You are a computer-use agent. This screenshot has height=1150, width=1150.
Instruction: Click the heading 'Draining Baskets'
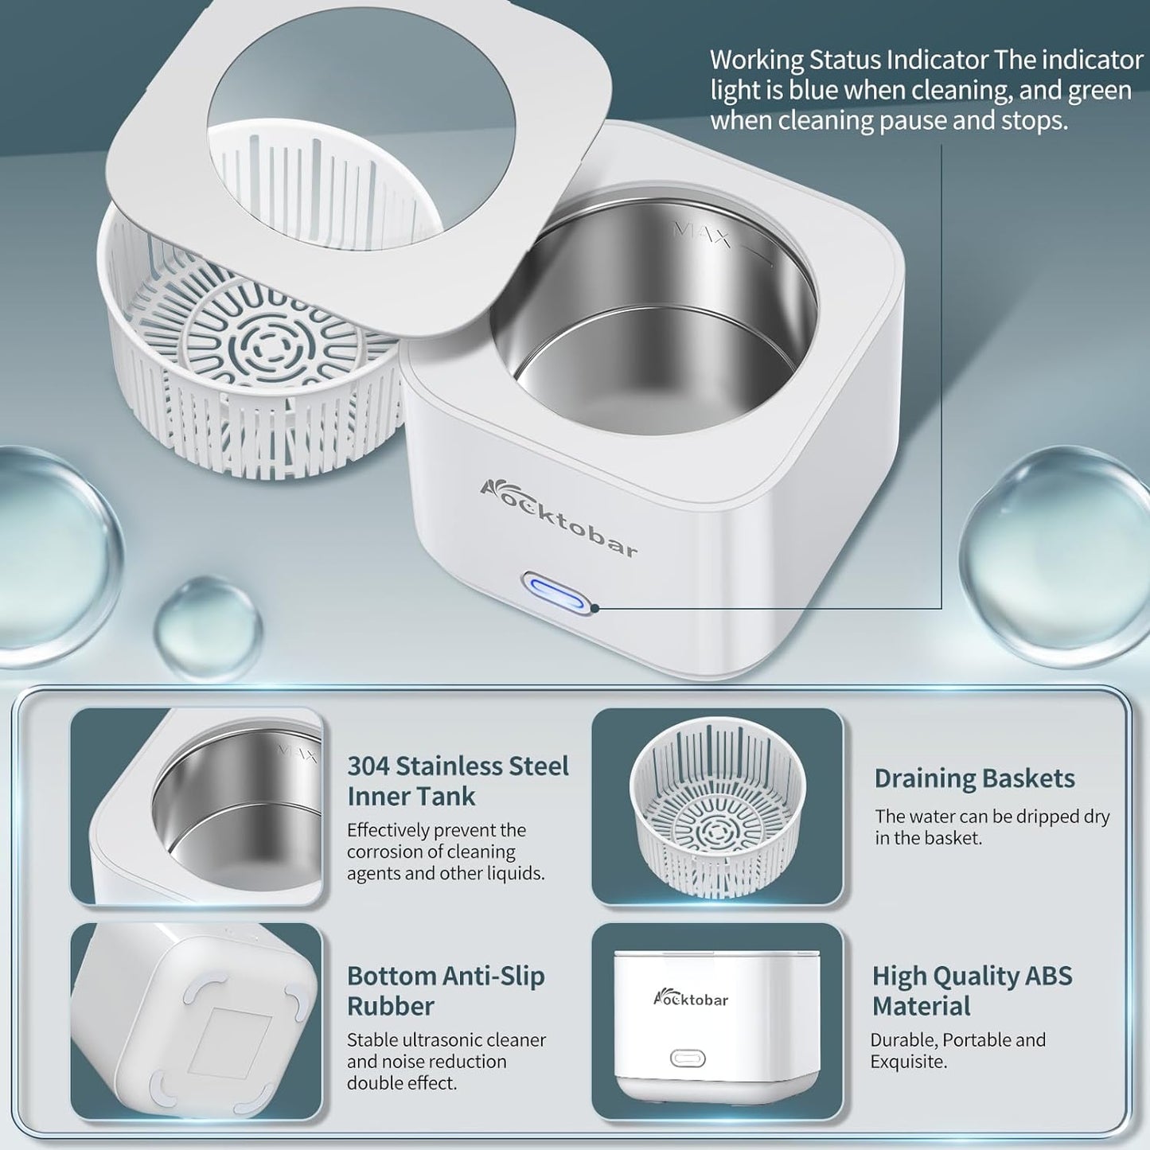tap(975, 778)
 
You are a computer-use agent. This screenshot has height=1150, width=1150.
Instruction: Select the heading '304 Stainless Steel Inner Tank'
tap(458, 782)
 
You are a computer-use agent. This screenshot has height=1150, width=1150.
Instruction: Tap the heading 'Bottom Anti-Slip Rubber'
tap(446, 991)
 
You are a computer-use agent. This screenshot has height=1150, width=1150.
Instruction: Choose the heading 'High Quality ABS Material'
tap(973, 991)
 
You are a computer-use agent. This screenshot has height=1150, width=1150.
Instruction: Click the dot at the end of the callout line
tap(595, 609)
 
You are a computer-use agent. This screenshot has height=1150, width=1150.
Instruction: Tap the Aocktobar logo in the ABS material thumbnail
tap(691, 998)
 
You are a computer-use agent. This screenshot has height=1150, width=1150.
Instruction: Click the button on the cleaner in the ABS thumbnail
tap(688, 1058)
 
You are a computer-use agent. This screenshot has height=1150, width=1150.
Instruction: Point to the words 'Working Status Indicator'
tap(847, 60)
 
